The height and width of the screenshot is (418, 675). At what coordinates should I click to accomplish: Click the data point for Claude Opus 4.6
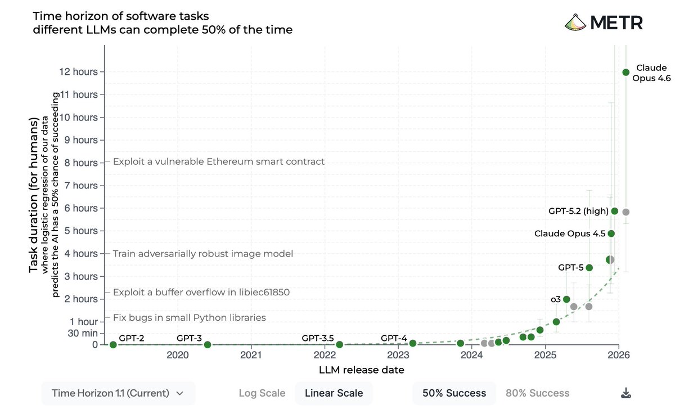pos(625,72)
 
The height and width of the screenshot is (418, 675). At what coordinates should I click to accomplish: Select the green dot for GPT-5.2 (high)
pos(615,211)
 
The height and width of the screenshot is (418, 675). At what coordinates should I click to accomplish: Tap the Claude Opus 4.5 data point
pos(611,233)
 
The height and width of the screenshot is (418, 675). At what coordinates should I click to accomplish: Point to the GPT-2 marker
pos(113,344)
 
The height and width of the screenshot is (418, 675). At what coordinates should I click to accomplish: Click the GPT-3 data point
pos(207,344)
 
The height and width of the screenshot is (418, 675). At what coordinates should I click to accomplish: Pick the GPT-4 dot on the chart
pos(412,343)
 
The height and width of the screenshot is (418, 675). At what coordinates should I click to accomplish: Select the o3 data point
pos(566,299)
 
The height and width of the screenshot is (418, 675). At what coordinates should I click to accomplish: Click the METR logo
pos(604,23)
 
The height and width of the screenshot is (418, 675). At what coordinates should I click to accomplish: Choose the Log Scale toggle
pos(262,393)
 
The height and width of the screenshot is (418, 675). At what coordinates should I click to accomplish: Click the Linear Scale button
pos(334,393)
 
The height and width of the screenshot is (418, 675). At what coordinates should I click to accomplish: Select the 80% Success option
pos(537,393)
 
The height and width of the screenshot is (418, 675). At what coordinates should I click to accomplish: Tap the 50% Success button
pos(454,393)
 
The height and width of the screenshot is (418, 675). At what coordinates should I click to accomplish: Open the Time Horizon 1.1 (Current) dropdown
pos(118,393)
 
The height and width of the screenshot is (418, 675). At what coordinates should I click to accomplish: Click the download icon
pos(625,393)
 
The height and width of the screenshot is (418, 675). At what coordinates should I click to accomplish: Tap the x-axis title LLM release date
pos(361,370)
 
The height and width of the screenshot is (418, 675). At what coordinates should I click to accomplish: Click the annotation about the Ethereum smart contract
pos(219,162)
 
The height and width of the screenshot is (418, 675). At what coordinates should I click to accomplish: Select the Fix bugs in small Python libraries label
pos(189,317)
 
